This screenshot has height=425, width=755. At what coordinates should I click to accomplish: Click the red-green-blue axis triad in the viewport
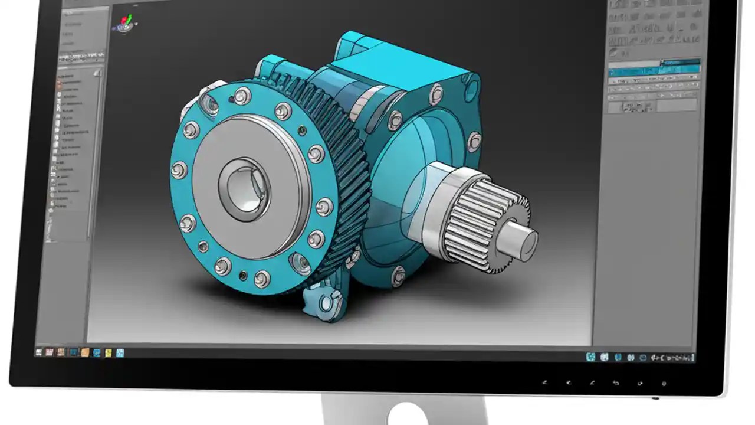point(124,24)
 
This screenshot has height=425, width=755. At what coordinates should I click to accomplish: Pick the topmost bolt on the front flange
point(242,95)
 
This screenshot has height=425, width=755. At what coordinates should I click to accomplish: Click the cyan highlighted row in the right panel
point(654,70)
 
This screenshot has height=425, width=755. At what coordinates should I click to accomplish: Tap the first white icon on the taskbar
point(39,352)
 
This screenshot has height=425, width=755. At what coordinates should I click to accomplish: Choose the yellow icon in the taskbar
point(108,353)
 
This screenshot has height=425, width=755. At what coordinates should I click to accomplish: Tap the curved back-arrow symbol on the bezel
point(616,383)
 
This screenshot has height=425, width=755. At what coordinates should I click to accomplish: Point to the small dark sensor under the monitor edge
point(656,397)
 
